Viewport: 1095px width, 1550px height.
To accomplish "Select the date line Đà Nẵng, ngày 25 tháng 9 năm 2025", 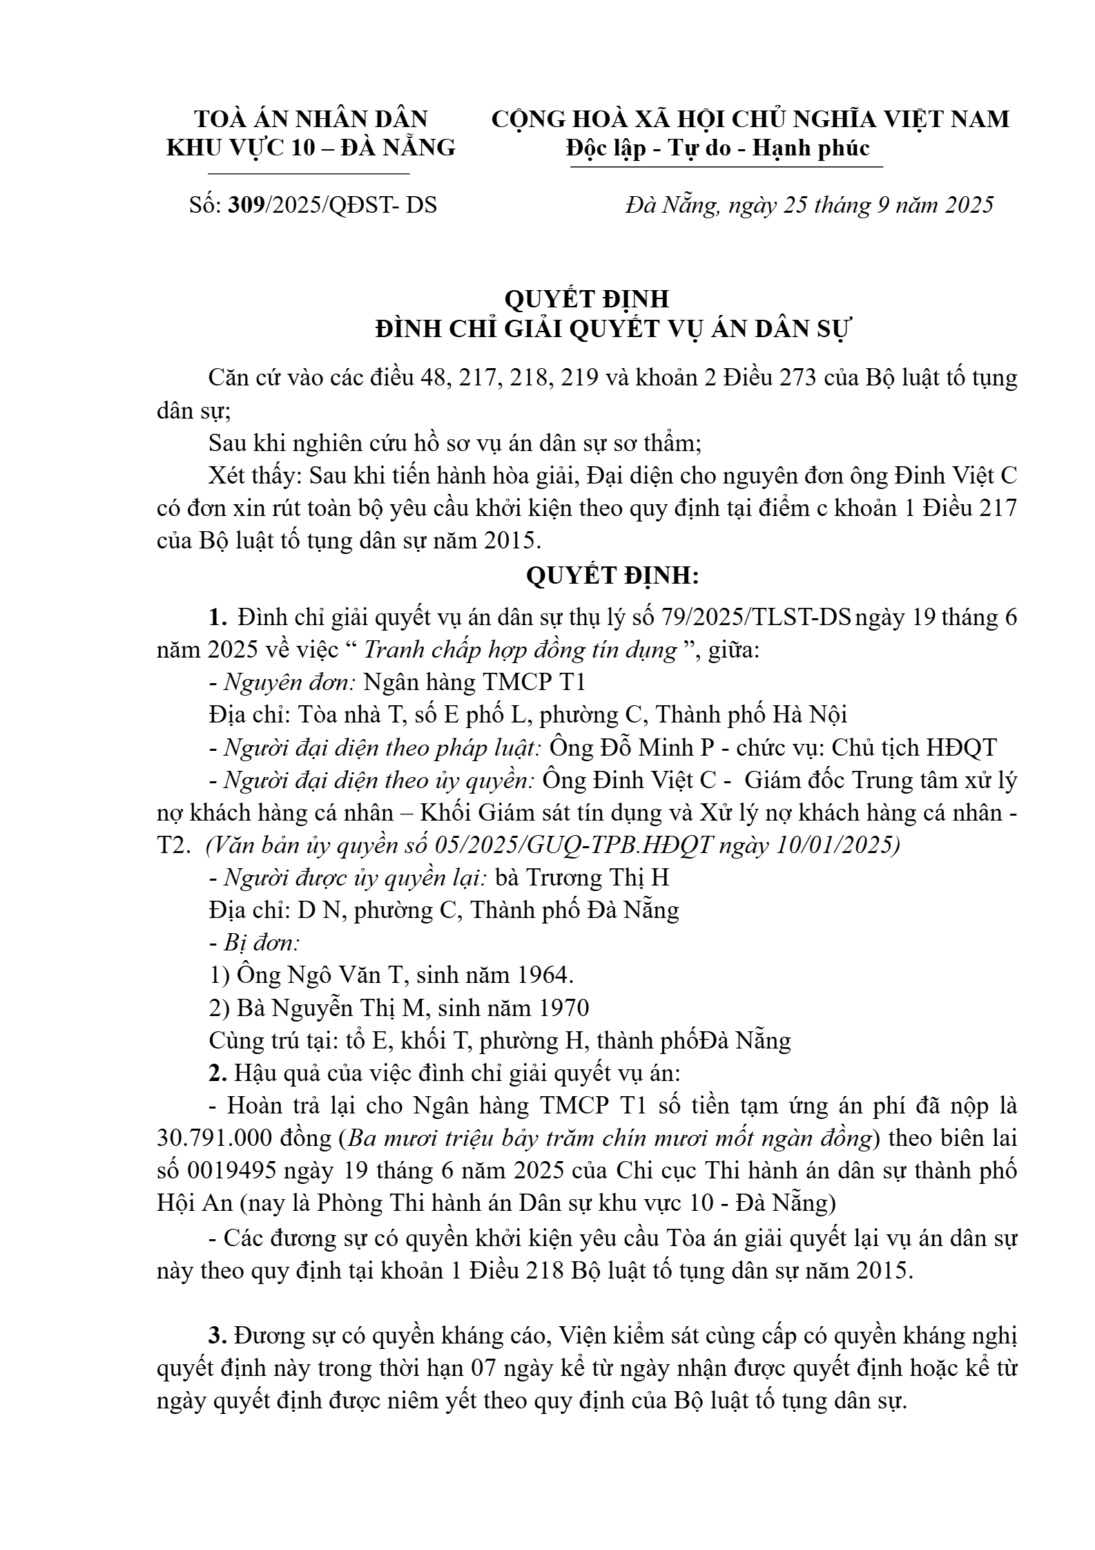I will [808, 205].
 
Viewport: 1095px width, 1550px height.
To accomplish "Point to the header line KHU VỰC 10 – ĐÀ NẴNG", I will [311, 148].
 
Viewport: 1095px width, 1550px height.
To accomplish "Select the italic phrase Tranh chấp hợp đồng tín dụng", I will [519, 650].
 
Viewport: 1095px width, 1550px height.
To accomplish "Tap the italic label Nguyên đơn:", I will [289, 682].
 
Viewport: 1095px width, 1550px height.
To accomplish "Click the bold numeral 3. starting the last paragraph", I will [218, 1336].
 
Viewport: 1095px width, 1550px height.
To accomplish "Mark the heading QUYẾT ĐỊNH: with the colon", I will [612, 576].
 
